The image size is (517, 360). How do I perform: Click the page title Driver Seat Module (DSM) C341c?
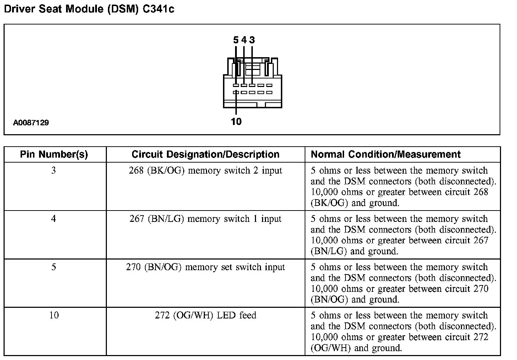coord(89,9)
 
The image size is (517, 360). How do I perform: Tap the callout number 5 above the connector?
coord(236,40)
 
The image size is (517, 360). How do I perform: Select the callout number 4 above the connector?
coord(244,40)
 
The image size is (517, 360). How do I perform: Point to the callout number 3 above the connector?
coord(252,40)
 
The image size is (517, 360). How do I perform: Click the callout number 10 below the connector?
coord(236,122)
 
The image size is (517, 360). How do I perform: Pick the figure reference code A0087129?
coord(31,123)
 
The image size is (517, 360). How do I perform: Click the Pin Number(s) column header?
coord(54,154)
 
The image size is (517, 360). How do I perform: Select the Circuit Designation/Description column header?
coord(205,154)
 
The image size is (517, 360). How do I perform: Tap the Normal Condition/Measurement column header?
coord(386,154)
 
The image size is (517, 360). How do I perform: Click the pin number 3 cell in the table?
coord(54,171)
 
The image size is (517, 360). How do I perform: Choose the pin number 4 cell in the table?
coord(54,219)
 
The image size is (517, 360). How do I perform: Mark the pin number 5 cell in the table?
coord(54,267)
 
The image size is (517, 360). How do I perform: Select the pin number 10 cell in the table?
coord(54,316)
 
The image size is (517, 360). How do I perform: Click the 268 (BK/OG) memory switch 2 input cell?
coord(205,171)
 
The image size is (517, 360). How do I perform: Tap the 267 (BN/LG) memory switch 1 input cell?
coord(205,219)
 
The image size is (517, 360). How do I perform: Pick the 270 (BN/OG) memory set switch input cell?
coord(205,267)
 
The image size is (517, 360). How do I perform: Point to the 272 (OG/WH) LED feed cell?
coord(205,316)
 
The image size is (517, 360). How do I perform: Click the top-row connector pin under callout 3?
coord(252,85)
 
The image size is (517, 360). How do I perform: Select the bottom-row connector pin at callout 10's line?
coord(236,93)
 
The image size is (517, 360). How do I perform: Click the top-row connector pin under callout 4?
coord(244,85)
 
